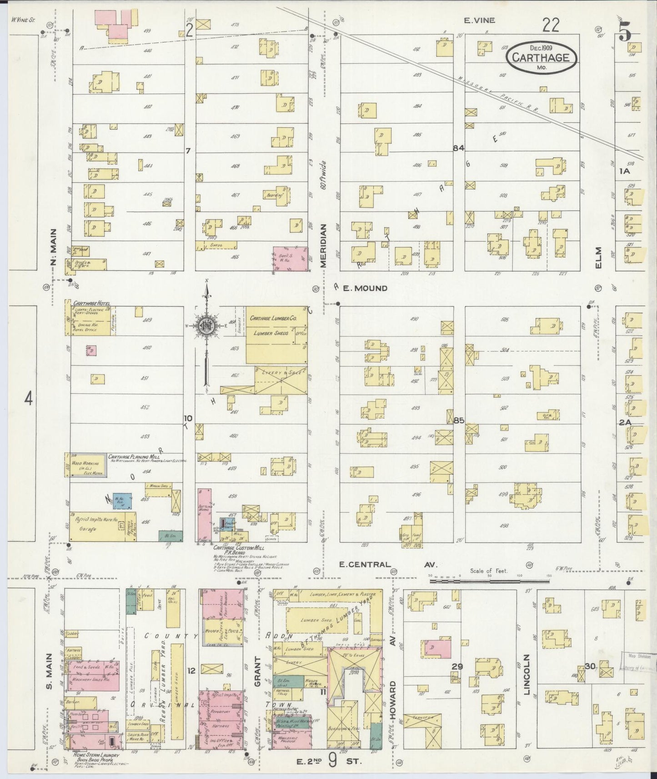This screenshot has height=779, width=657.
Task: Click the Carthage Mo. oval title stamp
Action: [x=541, y=58]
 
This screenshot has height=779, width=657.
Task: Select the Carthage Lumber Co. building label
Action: [x=273, y=319]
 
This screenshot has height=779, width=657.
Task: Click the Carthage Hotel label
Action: [x=88, y=303]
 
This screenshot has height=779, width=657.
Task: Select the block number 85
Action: [x=458, y=420]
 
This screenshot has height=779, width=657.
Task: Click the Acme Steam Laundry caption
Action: [x=92, y=755]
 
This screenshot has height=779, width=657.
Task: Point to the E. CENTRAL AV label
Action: [x=389, y=565]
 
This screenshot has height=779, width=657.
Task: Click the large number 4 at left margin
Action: [x=29, y=399]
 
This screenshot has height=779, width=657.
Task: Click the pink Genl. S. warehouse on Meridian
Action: [x=289, y=260]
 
